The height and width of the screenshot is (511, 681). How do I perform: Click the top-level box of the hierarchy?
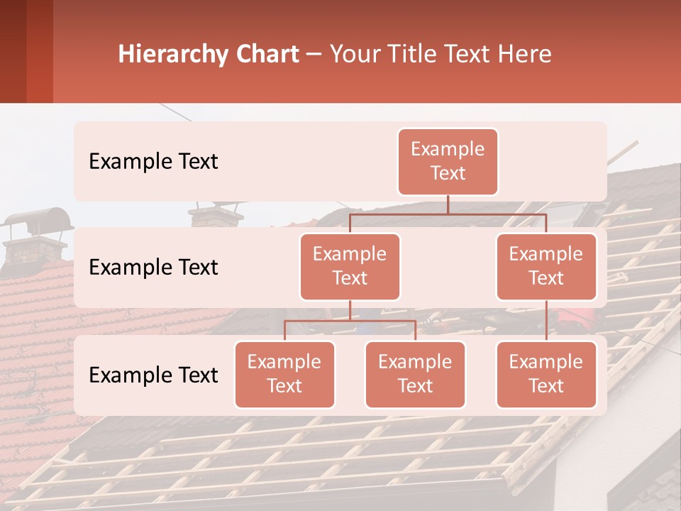pos(448,162)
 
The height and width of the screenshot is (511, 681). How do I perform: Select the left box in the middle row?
pos(350,267)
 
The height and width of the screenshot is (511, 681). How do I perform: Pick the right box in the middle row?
pos(546,267)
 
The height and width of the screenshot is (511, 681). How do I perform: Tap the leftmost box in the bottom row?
pos(284,375)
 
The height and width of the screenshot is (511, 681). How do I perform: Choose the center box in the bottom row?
pos(415,375)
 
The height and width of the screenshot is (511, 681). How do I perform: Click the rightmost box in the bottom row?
pos(546,375)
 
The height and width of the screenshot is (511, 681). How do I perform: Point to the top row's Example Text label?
pos(153,162)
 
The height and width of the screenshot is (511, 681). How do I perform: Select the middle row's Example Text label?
pos(153,268)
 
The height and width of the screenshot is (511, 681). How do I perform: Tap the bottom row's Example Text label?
pos(153,375)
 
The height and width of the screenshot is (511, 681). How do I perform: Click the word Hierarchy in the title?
pos(172,55)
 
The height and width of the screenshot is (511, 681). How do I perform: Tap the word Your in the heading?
pos(353,55)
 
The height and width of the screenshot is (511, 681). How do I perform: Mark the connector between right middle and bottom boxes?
pos(546,321)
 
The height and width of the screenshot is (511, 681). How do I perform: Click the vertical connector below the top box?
pos(448,204)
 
